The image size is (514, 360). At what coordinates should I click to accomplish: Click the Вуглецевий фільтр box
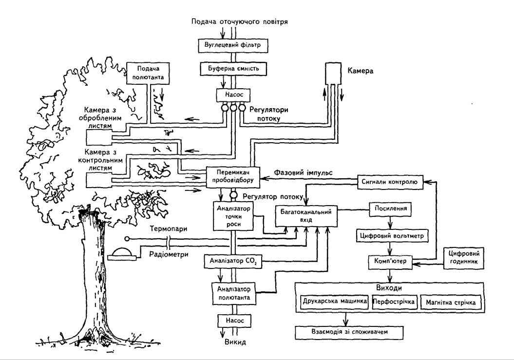coord(233,45)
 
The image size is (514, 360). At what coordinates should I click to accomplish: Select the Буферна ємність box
coord(233,69)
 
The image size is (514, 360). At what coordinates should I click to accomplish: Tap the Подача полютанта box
coord(148,73)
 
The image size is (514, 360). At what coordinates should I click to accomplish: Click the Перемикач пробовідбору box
coord(233,177)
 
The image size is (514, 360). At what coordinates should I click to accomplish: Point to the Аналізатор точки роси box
coord(233,216)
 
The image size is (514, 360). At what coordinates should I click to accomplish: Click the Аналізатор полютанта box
coord(234,293)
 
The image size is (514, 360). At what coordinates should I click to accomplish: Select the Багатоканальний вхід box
coord(306,216)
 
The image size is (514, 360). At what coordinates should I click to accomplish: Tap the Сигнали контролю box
coord(389,182)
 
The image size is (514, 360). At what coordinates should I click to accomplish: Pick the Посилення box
coord(390,209)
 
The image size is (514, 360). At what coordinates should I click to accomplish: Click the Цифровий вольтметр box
coord(392,236)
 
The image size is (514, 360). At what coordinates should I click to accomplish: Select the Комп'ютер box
coord(390,262)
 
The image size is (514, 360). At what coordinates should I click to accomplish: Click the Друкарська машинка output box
coord(335,302)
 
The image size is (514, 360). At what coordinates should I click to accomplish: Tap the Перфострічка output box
coord(394,302)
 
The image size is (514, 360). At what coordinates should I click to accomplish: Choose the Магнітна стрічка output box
coord(451,303)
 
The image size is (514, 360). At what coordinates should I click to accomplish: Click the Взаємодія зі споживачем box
coord(349,332)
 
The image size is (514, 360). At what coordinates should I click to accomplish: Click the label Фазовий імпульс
coord(303,172)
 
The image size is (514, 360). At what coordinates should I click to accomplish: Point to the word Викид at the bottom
coord(235,342)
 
